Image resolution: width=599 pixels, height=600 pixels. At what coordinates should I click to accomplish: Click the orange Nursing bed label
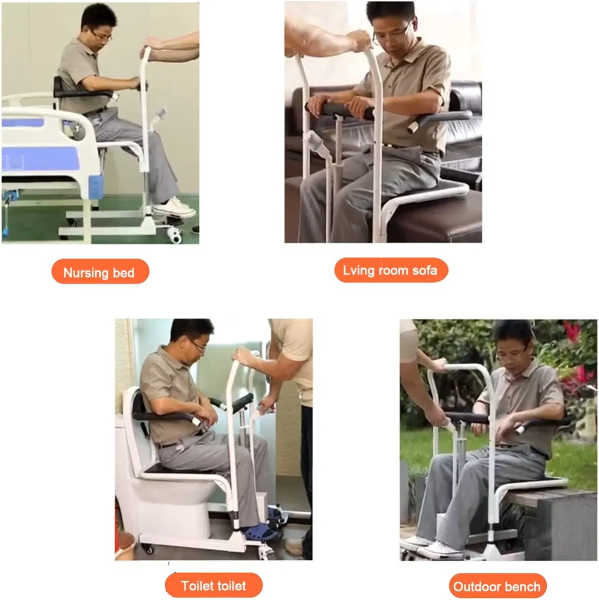coord(100,272)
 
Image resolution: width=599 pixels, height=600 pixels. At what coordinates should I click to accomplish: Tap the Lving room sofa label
coord(391,270)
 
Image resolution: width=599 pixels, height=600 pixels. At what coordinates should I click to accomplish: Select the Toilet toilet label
coord(213,585)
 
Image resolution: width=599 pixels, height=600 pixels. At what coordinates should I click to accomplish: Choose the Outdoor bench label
coord(497,586)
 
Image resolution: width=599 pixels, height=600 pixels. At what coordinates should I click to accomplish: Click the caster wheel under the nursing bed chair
coord(176,234)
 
